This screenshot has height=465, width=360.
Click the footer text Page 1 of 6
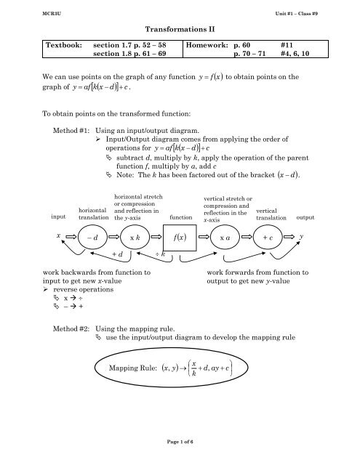click(179, 454)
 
